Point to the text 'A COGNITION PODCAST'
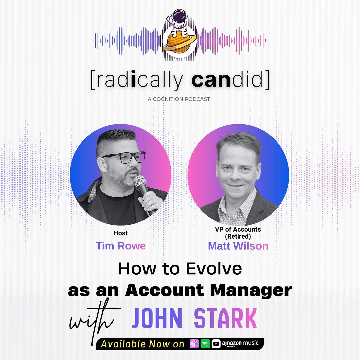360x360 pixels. click(179, 99)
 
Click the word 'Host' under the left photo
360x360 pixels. click(121, 233)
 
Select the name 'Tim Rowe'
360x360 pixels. click(121, 246)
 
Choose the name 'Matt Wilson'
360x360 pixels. click(238, 246)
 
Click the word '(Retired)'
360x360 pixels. click(238, 236)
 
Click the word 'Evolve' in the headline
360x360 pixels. click(214, 269)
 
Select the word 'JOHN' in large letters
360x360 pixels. click(157, 319)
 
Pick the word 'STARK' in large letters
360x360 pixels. click(225, 319)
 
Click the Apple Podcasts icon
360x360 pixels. click(194, 344)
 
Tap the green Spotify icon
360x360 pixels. click(205, 344)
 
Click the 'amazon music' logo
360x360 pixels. click(240, 343)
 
